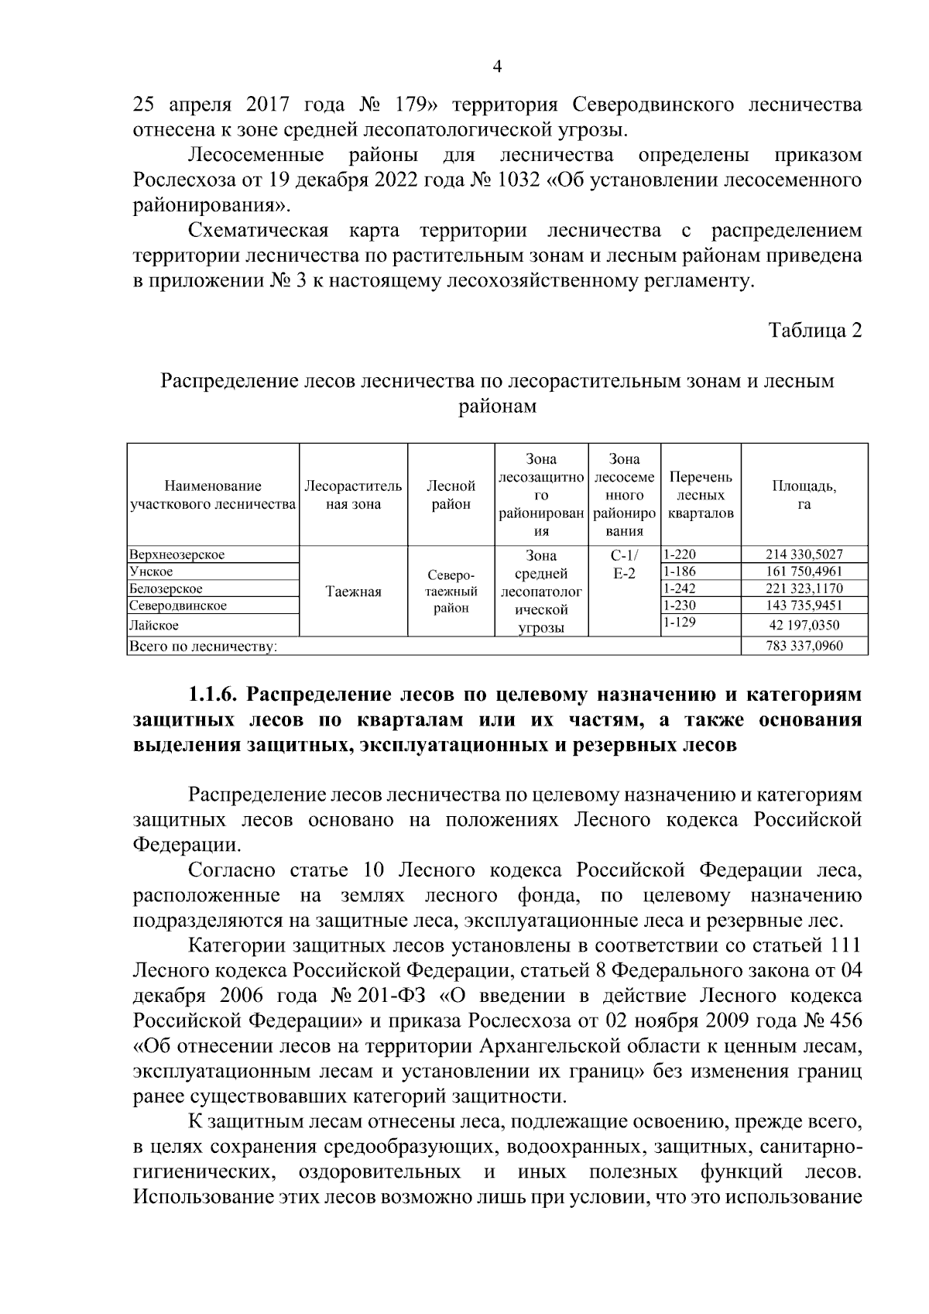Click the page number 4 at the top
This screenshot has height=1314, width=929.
pos(498,67)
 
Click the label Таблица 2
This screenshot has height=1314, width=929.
pos(815,331)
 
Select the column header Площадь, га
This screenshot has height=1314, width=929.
pos(804,495)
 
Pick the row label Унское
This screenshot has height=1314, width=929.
pos(152,571)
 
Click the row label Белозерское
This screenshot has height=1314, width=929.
pos(166,588)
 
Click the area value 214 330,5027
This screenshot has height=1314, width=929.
pos(804,554)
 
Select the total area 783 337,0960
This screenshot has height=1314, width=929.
pos(804,646)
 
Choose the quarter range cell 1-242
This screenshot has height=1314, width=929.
pos(680,588)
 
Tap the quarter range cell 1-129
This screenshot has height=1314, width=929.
pos(680,622)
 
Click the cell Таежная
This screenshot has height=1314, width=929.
pos(353,592)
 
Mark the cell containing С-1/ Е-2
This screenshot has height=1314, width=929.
pos(624,564)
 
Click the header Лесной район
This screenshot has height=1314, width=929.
pos(451,495)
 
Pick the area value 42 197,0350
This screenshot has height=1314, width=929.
pos(804,624)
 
